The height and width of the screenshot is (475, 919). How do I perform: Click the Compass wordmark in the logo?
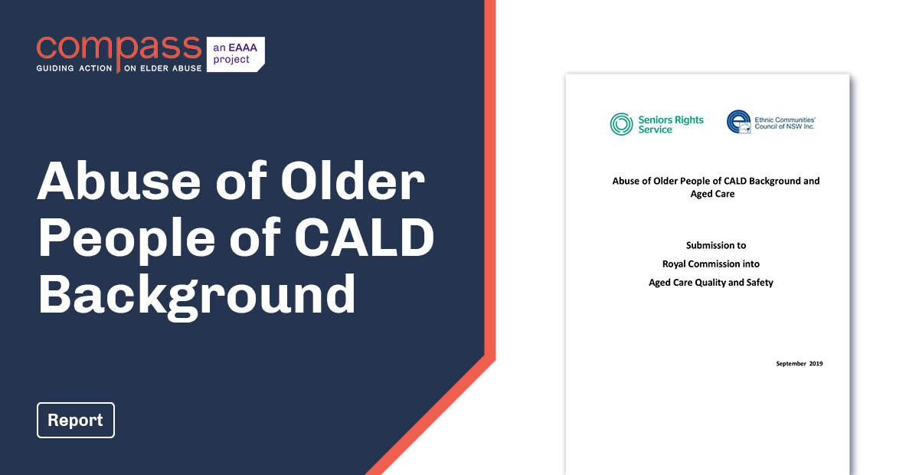pyautogui.click(x=119, y=47)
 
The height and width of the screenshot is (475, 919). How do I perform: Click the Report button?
pyautogui.click(x=75, y=420)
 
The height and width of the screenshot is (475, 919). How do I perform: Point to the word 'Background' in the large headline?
pyautogui.click(x=197, y=294)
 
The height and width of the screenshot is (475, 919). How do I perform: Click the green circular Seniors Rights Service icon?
pyautogui.click(x=621, y=124)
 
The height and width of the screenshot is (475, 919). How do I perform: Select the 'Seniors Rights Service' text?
pyautogui.click(x=671, y=124)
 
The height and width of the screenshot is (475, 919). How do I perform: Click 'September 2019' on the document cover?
pyautogui.click(x=799, y=363)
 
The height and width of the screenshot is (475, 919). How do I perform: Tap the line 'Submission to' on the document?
pyautogui.click(x=711, y=245)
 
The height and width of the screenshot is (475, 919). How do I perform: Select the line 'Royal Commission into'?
pyautogui.click(x=711, y=264)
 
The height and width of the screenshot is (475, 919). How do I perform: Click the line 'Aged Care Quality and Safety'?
pyautogui.click(x=711, y=283)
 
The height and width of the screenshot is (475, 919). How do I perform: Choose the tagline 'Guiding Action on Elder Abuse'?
pyautogui.click(x=119, y=68)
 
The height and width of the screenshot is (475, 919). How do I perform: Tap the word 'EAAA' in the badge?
pyautogui.click(x=237, y=47)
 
